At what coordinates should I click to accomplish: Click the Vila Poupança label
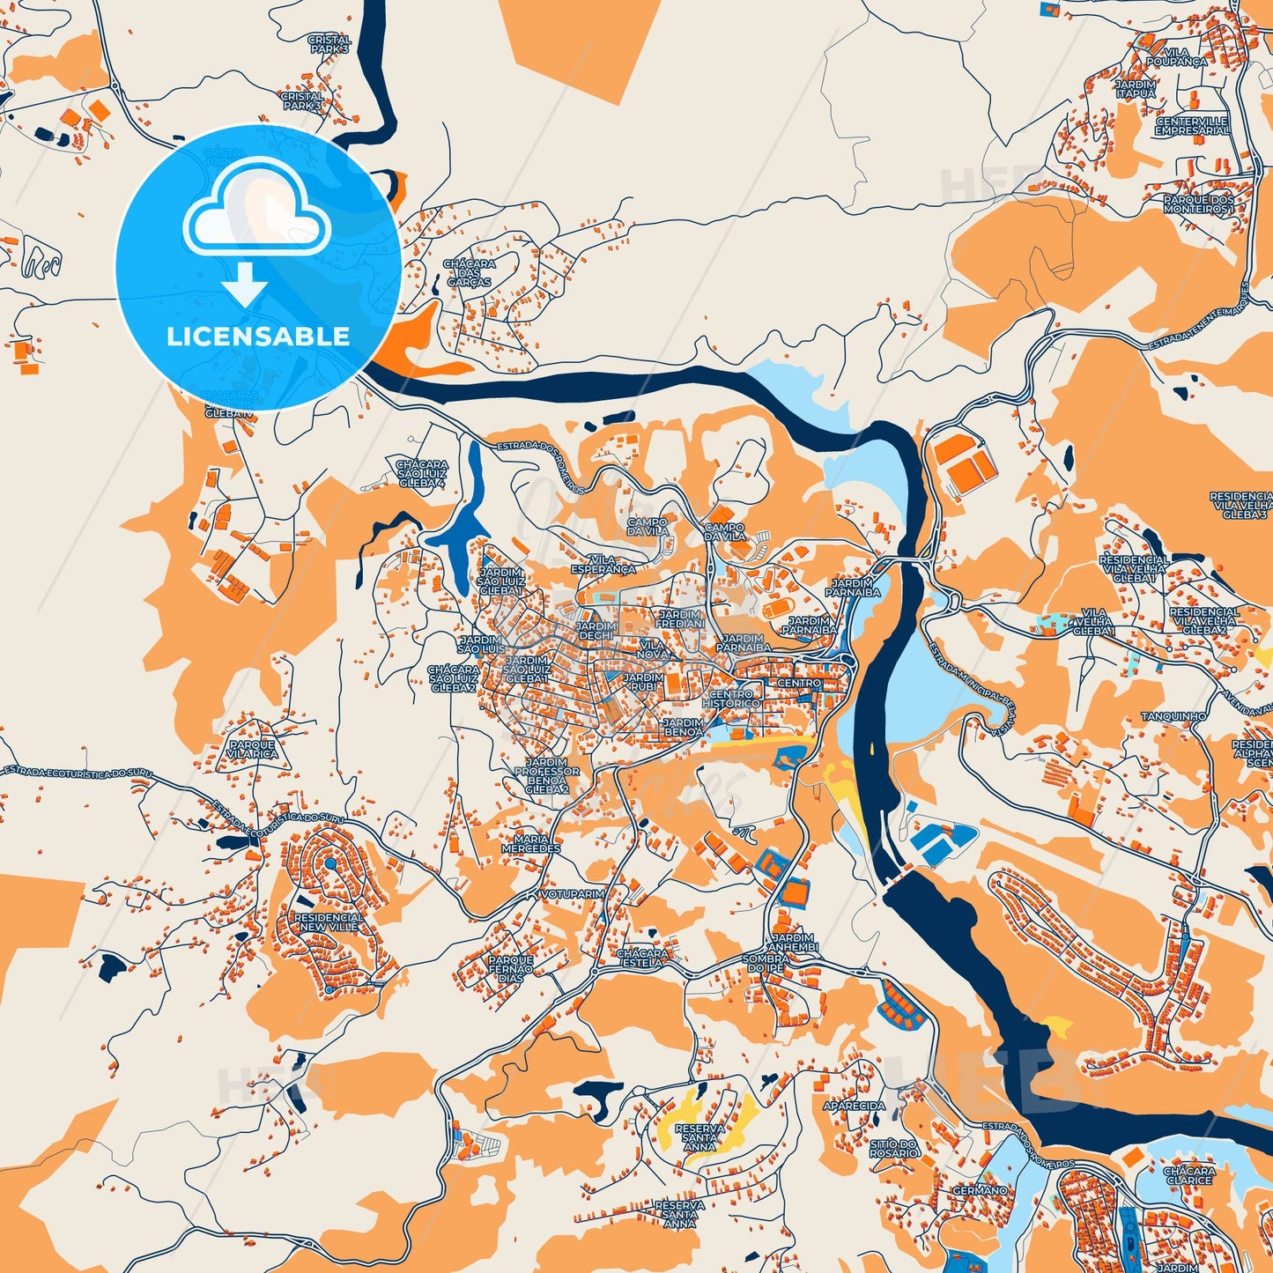pyautogui.click(x=1177, y=58)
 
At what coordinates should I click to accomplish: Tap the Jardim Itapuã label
pyautogui.click(x=1136, y=89)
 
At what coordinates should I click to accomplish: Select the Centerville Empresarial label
pyautogui.click(x=1192, y=126)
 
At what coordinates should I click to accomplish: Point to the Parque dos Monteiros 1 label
pyautogui.click(x=1199, y=204)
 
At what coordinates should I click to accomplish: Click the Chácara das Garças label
pyautogui.click(x=470, y=273)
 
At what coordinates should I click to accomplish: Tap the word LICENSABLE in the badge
pyautogui.click(x=258, y=337)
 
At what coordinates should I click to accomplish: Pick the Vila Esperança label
pyautogui.click(x=603, y=565)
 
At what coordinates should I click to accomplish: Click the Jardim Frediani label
pyautogui.click(x=680, y=618)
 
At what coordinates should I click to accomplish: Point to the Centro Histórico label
pyautogui.click(x=731, y=699)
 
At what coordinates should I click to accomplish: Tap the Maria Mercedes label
pyautogui.click(x=531, y=844)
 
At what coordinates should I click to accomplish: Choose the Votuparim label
pyautogui.click(x=573, y=893)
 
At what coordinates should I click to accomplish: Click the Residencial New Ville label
pyautogui.click(x=329, y=922)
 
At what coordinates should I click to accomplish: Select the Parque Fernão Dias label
pyautogui.click(x=511, y=969)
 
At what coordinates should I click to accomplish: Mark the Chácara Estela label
pyautogui.click(x=642, y=958)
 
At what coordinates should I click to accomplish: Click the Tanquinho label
pyautogui.click(x=1173, y=716)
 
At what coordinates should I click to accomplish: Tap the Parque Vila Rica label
pyautogui.click(x=252, y=749)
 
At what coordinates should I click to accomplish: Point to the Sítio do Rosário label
pyautogui.click(x=894, y=1148)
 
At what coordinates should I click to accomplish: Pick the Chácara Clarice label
pyautogui.click(x=1189, y=1175)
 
